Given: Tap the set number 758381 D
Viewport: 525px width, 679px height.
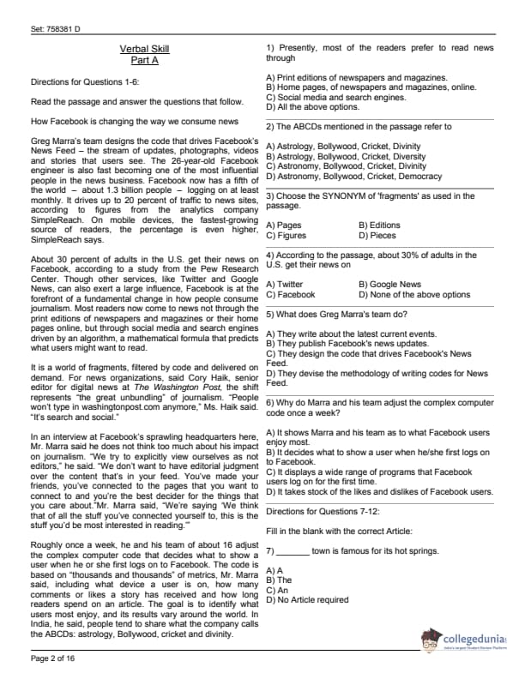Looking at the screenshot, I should click(55, 29).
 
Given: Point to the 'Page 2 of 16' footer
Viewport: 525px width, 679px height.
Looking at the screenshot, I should click(53, 658).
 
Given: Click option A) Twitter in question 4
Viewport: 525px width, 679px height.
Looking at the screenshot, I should click(285, 285).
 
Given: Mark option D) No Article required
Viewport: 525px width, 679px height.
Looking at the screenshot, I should click(307, 600).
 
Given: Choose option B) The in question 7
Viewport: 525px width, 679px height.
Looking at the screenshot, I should click(279, 580).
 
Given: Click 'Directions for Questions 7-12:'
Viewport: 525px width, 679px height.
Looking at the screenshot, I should click(322, 511).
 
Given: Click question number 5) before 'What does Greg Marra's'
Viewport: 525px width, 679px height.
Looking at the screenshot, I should click(270, 315).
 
